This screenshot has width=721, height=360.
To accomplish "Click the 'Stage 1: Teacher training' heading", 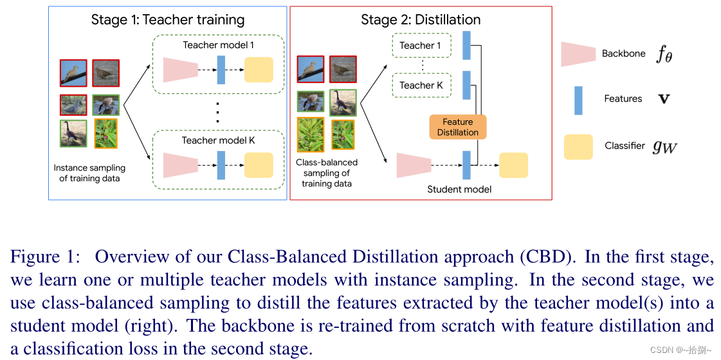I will click(168, 19).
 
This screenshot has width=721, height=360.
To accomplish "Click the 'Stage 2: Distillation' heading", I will click(421, 19).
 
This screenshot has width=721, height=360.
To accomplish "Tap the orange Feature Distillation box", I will click(458, 127).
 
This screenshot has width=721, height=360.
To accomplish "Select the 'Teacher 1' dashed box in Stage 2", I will click(421, 46).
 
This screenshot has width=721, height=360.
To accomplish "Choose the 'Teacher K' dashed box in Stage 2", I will click(421, 85).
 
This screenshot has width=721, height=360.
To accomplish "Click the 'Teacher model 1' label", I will click(218, 45).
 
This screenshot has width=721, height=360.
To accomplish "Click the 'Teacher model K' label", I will click(218, 140).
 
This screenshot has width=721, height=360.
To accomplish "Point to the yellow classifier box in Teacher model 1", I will click(259, 69).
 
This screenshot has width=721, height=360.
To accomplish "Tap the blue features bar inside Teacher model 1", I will click(221, 69).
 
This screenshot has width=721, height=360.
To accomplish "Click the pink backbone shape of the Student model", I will click(414, 165).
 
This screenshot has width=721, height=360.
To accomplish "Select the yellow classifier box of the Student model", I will click(513, 165).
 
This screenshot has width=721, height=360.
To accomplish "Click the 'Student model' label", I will click(459, 189).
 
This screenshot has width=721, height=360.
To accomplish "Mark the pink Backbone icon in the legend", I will click(578, 54).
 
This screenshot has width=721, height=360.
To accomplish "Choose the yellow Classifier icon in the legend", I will click(578, 147).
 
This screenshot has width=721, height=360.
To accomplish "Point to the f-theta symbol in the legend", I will click(664, 55).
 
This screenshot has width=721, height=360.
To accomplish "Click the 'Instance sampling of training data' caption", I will click(89, 174).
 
